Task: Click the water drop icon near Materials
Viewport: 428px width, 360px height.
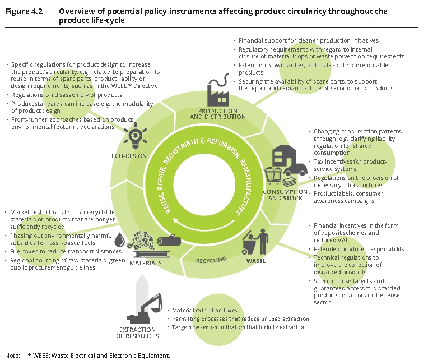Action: (x=119, y=241)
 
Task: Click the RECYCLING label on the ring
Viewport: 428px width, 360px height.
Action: (x=211, y=260)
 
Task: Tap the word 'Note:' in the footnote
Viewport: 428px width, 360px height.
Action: (x=12, y=355)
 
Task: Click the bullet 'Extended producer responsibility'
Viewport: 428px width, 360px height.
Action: (x=359, y=248)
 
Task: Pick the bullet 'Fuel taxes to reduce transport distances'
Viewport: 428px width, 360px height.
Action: (x=65, y=251)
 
